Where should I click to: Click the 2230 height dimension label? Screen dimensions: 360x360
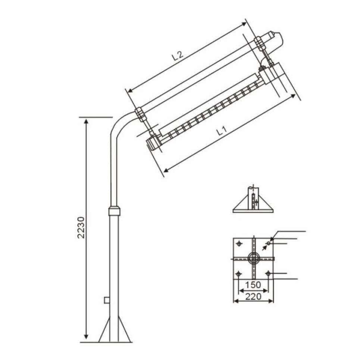point(81,227)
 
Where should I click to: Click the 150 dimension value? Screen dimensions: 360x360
point(253,285)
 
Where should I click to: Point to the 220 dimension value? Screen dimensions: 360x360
point(253,297)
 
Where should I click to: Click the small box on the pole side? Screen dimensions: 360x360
point(107,300)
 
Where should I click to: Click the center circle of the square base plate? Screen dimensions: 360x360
point(253,259)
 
